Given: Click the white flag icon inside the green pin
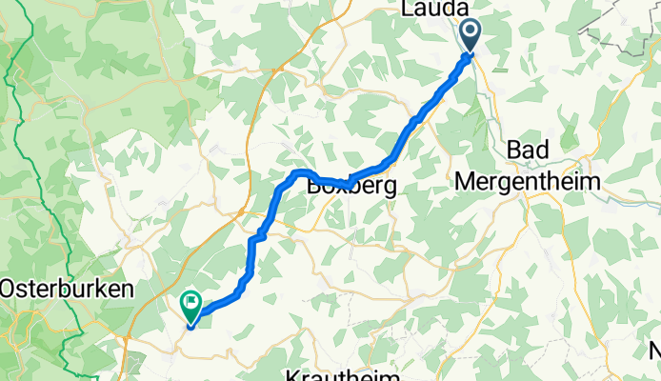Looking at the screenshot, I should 190,305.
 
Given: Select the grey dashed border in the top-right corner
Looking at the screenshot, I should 624,33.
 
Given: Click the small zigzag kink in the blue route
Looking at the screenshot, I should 259,232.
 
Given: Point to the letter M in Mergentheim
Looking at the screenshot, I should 467,180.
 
